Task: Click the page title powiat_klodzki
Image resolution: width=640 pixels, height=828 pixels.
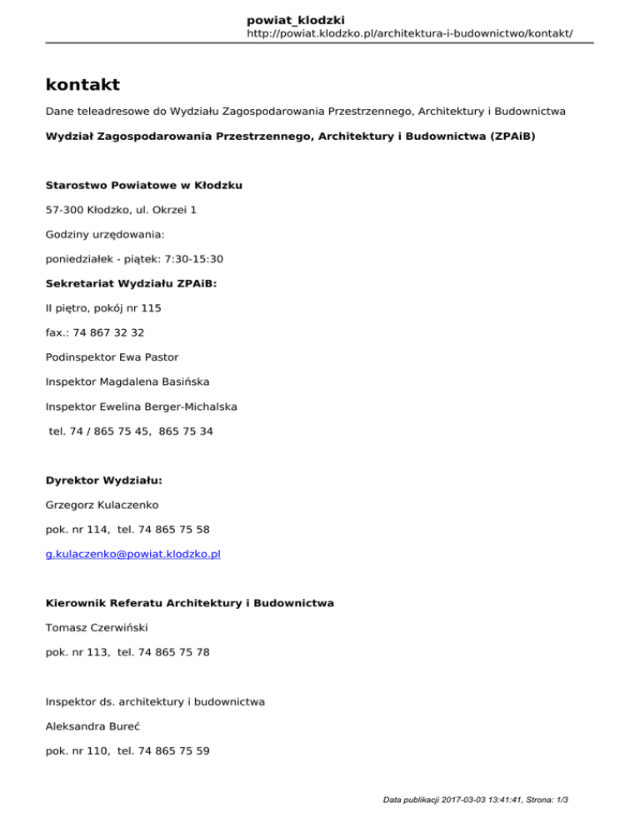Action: coord(296,19)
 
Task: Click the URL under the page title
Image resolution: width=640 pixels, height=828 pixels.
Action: coord(410,34)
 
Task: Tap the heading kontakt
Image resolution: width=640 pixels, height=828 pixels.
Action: coord(82,84)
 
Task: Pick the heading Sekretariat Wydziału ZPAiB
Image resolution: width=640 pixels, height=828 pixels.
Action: coord(131,283)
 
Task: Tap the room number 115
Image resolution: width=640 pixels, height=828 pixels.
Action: coord(151,308)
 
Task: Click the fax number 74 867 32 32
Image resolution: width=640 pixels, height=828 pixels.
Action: coord(108,332)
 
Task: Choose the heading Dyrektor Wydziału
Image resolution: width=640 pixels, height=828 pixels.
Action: coord(103,480)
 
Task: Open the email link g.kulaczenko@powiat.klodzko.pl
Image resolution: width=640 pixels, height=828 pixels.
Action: coord(132,554)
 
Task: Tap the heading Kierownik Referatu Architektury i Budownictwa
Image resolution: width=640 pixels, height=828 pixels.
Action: coord(190,602)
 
